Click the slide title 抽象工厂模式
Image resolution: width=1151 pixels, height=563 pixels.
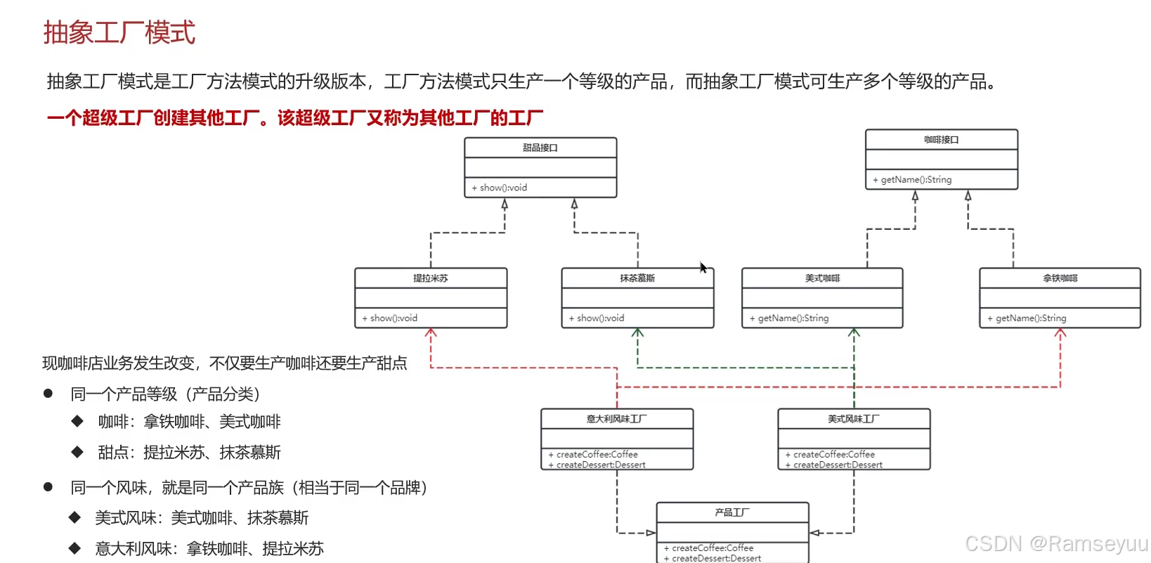pos(119,32)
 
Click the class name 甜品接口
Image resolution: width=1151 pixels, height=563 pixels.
pos(540,148)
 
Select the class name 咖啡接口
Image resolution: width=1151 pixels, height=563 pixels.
pos(941,139)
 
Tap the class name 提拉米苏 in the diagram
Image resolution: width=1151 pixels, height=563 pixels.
pos(430,278)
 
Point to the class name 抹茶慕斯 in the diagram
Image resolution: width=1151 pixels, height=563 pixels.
pos(637,278)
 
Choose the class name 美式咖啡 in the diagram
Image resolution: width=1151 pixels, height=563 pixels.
pos(822,278)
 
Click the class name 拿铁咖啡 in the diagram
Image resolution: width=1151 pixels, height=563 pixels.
pos(1060,278)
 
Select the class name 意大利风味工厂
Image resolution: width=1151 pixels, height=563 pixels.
pos(616,419)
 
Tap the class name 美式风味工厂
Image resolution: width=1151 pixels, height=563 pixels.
pos(853,419)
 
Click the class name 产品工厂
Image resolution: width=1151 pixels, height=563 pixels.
pos(731,512)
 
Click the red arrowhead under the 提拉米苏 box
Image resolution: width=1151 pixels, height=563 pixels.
pos(431,333)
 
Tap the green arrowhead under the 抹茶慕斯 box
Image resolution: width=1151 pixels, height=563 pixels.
pos(637,333)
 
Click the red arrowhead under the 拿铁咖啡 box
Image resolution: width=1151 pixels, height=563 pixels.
pos(1060,333)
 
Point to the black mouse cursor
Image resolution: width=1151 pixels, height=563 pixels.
pos(703,268)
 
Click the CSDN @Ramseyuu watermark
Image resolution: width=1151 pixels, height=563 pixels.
pos(1055,543)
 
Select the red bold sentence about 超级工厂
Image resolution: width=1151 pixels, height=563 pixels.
pos(295,118)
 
